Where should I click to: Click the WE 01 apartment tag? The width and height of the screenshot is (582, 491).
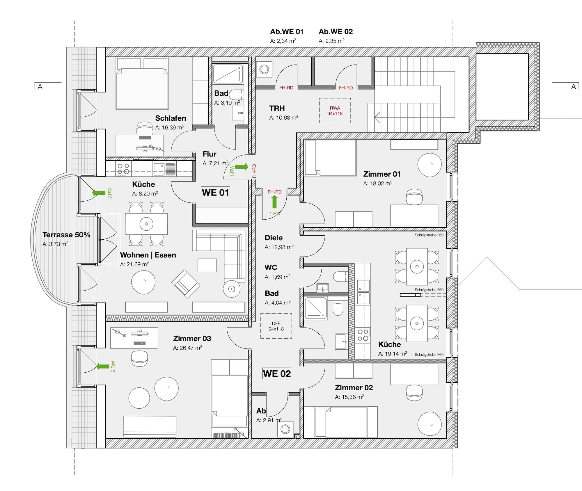215,192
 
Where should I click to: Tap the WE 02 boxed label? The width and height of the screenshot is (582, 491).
277,373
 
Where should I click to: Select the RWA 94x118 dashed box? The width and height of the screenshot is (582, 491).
335,111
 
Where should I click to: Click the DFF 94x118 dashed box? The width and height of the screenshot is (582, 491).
276,326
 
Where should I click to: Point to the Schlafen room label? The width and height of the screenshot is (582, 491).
171,118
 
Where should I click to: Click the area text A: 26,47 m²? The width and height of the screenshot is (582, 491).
187,348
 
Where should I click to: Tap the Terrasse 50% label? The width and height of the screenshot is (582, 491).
66,235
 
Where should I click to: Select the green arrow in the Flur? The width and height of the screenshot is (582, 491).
242,167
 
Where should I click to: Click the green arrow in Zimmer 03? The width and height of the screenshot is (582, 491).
103,366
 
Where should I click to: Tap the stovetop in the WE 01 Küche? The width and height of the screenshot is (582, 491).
123,169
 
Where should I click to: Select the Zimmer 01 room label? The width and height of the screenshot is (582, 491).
382,174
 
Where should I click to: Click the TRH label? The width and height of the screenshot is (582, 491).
277,108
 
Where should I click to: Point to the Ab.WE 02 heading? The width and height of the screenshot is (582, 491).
336,31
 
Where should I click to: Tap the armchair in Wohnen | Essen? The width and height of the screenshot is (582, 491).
185,284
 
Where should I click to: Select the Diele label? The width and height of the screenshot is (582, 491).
274,238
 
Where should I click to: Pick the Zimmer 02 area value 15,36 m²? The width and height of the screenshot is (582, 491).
349,397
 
